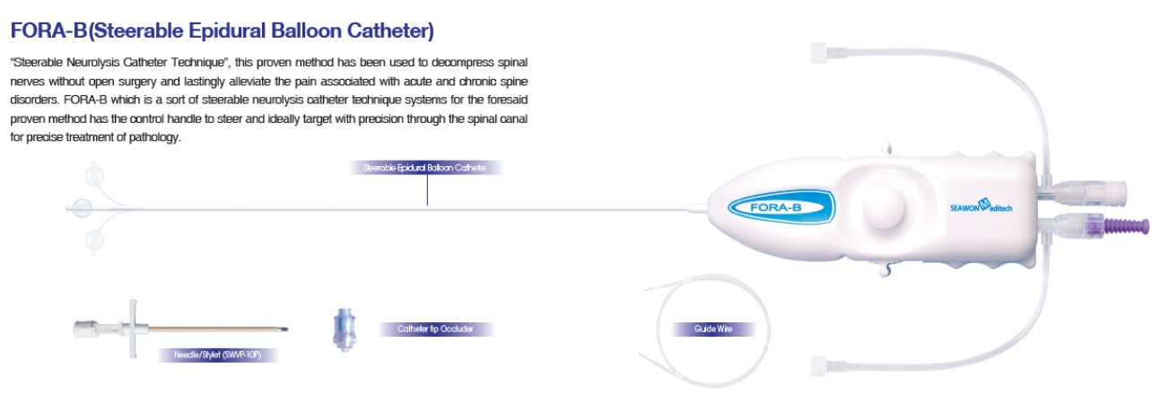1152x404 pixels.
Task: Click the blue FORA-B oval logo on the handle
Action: pos(781,206)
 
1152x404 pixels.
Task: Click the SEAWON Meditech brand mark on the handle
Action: pos(981,206)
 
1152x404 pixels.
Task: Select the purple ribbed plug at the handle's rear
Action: pos(1126,226)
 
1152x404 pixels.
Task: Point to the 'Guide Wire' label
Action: pos(712,329)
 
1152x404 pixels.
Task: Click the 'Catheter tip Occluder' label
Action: pos(435,329)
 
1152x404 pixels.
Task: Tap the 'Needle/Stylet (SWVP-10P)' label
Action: pos(217,355)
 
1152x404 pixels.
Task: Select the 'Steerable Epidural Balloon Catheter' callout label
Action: pos(424,168)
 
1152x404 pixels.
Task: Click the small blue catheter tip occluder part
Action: pos(344,329)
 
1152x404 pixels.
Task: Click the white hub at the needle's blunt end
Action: pos(85,329)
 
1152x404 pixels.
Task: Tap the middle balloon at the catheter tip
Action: pos(82,208)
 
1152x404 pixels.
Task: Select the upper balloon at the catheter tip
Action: pos(94,176)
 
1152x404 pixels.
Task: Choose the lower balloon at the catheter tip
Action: pos(94,241)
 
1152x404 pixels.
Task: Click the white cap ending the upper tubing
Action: pos(819,53)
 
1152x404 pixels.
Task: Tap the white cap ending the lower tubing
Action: pos(819,366)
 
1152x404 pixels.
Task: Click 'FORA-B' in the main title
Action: pos(48,31)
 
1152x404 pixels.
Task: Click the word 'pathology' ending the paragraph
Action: pos(153,137)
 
